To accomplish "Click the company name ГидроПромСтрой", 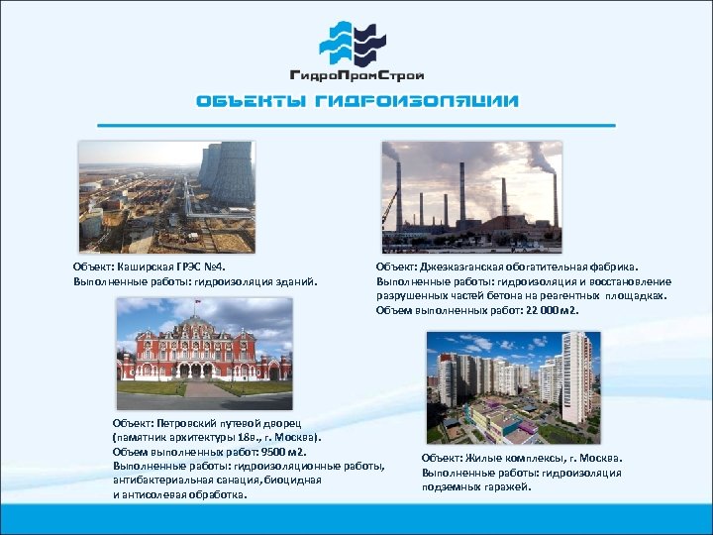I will pos(356,75).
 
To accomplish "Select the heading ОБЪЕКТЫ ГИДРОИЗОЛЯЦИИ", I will pos(356,101).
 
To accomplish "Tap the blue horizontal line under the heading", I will pos(356,126).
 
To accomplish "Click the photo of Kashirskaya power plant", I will pos(166,196).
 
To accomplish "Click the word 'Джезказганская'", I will pos(464,267).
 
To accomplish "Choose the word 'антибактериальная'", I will pos(158,480).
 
